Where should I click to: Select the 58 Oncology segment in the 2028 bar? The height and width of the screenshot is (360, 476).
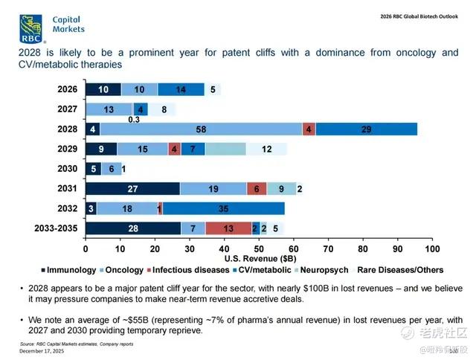202,129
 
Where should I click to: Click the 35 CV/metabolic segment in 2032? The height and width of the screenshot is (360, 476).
223,209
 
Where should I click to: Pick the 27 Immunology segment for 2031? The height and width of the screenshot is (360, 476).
132,189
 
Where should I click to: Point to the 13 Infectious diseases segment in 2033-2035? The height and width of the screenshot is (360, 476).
228,228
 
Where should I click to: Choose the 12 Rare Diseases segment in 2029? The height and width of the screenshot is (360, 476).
266,149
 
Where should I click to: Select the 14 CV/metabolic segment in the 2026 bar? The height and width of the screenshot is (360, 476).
181,90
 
